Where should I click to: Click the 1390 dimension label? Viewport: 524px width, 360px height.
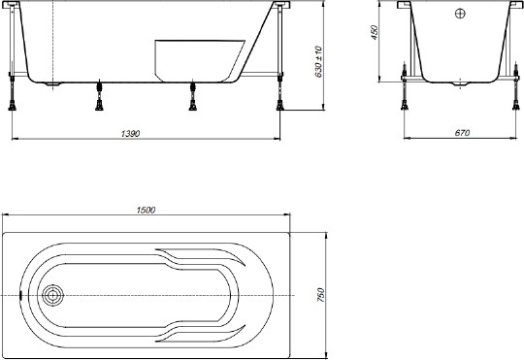(x=130, y=133)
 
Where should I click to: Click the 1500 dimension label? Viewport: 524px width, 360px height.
(x=146, y=210)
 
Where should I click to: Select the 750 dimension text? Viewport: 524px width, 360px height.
(x=320, y=295)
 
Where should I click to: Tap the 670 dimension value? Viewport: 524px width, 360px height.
(x=462, y=133)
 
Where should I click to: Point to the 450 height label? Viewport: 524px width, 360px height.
(x=375, y=32)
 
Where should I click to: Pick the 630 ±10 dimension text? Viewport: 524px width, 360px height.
(x=318, y=61)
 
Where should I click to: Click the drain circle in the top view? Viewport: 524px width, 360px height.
(x=52, y=296)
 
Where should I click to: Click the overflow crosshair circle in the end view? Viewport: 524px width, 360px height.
(x=460, y=14)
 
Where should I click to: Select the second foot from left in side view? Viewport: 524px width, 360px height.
(x=99, y=96)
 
